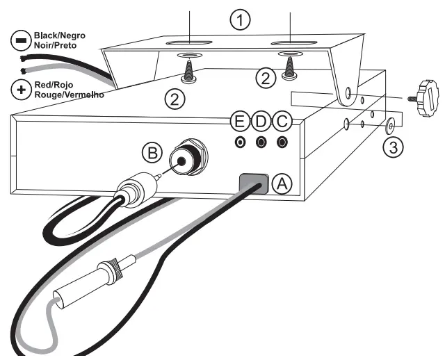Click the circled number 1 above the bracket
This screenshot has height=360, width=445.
(240, 21)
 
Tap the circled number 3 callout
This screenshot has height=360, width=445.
(394, 147)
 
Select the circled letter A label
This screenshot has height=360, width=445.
(282, 183)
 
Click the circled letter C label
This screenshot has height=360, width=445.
(282, 122)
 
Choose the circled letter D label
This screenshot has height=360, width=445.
(261, 122)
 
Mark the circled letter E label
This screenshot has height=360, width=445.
(240, 122)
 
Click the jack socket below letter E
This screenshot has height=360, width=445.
(241, 142)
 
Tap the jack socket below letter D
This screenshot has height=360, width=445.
(261, 142)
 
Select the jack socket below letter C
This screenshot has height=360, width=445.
(282, 142)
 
